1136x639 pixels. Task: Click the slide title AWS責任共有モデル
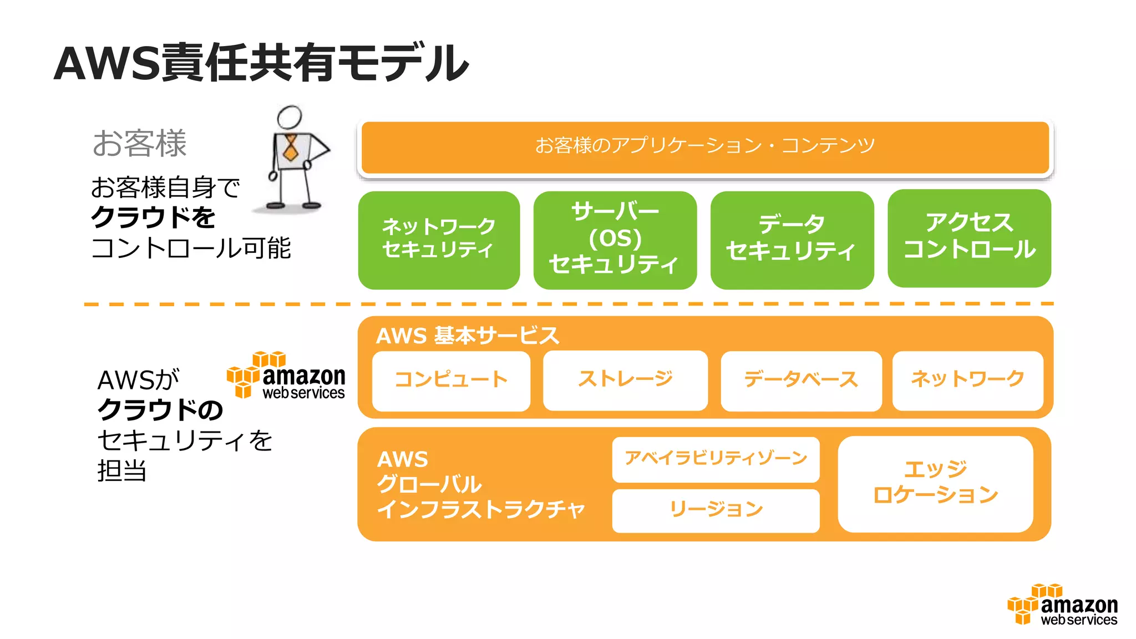261,63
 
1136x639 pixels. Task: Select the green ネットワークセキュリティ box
439,240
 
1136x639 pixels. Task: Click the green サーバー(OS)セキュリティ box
615,240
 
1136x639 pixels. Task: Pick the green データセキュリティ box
792,240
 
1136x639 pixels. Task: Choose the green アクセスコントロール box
969,238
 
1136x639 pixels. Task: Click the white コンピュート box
451,381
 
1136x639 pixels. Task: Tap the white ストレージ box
625,380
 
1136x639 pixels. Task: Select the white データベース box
801,381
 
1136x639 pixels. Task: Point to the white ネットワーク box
967,380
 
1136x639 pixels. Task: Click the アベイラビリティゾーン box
716,459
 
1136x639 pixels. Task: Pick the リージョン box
716,510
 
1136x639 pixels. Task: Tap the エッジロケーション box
935,483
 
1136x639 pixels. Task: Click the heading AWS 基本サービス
467,336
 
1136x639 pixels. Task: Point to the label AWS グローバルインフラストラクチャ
480,484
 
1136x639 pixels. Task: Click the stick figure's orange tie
290,147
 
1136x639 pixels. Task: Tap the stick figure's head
289,117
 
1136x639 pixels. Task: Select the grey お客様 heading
139,143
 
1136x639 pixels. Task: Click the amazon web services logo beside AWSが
286,376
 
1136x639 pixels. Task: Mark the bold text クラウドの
160,410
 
